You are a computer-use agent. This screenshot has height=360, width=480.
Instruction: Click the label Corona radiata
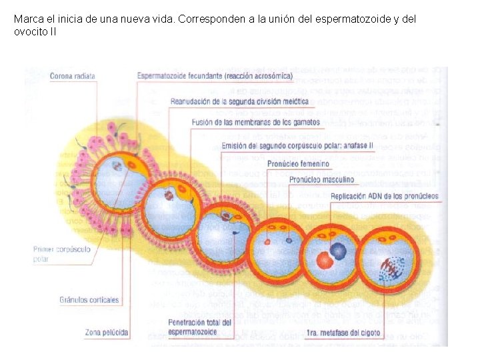[x=73, y=76]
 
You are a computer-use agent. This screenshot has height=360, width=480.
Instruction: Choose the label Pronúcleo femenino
[x=298, y=163]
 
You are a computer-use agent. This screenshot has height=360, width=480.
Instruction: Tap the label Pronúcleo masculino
[x=321, y=179]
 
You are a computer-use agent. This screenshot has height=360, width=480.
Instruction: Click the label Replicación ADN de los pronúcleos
[x=384, y=196]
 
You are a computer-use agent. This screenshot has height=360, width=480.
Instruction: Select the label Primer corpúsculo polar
[x=61, y=254]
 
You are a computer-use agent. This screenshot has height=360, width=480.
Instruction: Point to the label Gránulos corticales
[x=88, y=300]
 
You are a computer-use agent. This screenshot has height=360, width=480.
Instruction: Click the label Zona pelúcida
[x=107, y=331]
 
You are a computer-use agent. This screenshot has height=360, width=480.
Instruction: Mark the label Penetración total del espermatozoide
[x=199, y=327]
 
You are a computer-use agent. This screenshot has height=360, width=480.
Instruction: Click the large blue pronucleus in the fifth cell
[x=339, y=251]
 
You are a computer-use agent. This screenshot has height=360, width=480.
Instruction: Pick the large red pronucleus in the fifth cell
[x=325, y=260]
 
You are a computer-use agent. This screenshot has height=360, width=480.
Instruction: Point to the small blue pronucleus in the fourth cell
[x=289, y=240]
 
